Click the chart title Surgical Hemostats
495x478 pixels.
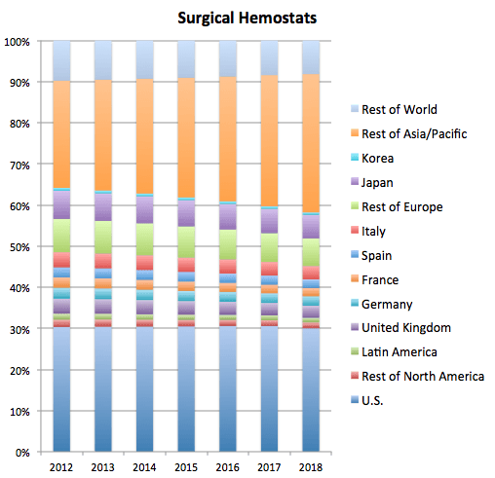tap(247, 18)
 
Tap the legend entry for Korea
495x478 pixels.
tap(372, 158)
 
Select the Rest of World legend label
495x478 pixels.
tap(400, 109)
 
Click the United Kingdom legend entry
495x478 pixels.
tap(400, 328)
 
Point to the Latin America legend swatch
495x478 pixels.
tap(355, 351)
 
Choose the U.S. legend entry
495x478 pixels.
tap(367, 400)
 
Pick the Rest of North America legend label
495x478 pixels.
tap(423, 376)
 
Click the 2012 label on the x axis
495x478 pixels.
tap(61, 467)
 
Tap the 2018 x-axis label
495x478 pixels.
tap(311, 467)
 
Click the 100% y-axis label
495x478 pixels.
tap(17, 42)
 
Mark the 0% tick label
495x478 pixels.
tap(22, 453)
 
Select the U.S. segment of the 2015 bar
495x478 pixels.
tap(186, 388)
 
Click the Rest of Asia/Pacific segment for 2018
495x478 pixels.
tap(311, 143)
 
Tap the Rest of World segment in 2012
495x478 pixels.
tap(61, 60)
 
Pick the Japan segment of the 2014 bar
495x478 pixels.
tap(144, 209)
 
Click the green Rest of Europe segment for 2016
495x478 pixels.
tap(228, 244)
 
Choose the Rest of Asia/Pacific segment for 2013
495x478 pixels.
tap(103, 135)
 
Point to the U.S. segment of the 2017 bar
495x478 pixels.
tap(269, 388)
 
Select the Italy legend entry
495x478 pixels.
tap(368, 231)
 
